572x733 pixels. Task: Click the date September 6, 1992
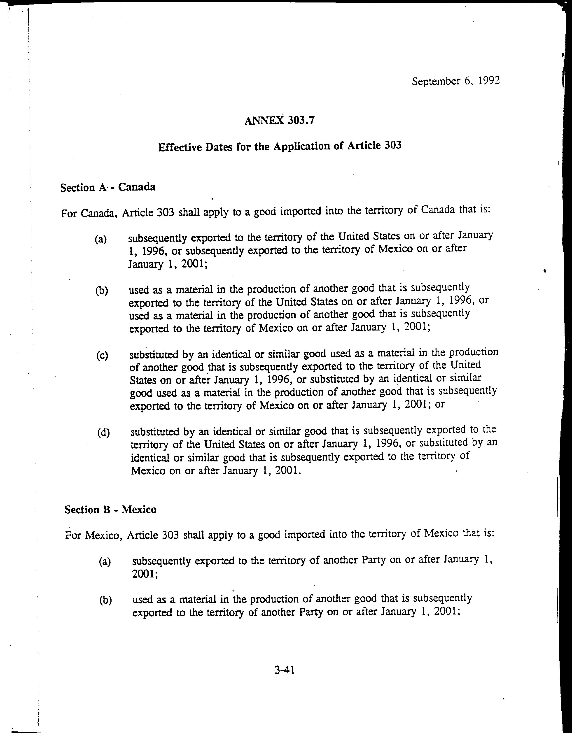pos(455,81)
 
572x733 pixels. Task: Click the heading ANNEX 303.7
pos(280,120)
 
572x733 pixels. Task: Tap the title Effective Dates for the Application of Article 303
pos(280,146)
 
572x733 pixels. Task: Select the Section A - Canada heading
pos(108,187)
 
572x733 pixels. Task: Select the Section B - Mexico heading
pos(110,510)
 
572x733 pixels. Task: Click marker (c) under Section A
pos(102,355)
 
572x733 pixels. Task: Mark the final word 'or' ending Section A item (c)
pos(439,404)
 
